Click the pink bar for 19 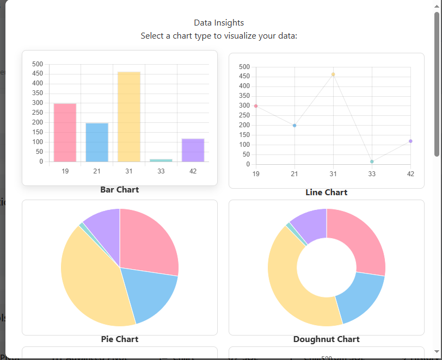(x=65, y=133)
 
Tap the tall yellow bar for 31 (x=129, y=117)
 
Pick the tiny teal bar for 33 (x=161, y=160)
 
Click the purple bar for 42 (x=193, y=150)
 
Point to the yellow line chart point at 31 (x=333, y=75)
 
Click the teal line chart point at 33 (x=372, y=162)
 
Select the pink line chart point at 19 (x=256, y=106)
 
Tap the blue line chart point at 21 (x=294, y=126)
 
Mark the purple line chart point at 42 (x=410, y=141)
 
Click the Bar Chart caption (x=119, y=190)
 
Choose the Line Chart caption (x=326, y=193)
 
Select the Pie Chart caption (x=119, y=339)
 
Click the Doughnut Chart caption (x=326, y=339)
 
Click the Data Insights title (x=219, y=23)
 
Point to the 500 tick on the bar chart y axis (x=38, y=64)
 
